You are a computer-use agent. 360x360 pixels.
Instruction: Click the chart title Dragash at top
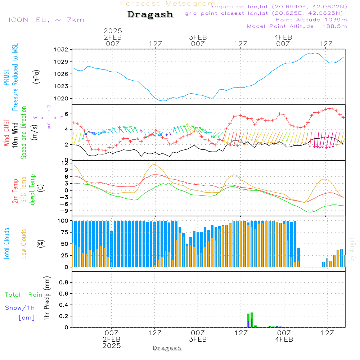tap(150, 15)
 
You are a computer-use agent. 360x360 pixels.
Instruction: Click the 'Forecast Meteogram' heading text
tap(167, 4)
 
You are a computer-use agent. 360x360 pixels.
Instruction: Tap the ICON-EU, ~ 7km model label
tap(46, 20)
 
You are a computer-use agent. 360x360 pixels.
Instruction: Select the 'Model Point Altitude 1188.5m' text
tap(297, 26)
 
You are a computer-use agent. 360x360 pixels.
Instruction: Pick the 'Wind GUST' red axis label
tap(6, 133)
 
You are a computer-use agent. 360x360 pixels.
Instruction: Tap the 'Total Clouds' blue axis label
tap(6, 244)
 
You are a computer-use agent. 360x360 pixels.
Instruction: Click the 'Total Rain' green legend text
tap(24, 295)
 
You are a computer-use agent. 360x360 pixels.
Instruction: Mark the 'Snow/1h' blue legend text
tap(20, 308)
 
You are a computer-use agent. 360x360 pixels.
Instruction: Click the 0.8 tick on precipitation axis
tap(64, 283)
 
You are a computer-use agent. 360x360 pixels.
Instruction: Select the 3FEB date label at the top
tap(198, 37)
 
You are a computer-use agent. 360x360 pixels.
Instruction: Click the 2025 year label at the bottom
tap(112, 346)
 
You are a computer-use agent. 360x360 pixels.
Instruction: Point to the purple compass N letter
tap(49, 107)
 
